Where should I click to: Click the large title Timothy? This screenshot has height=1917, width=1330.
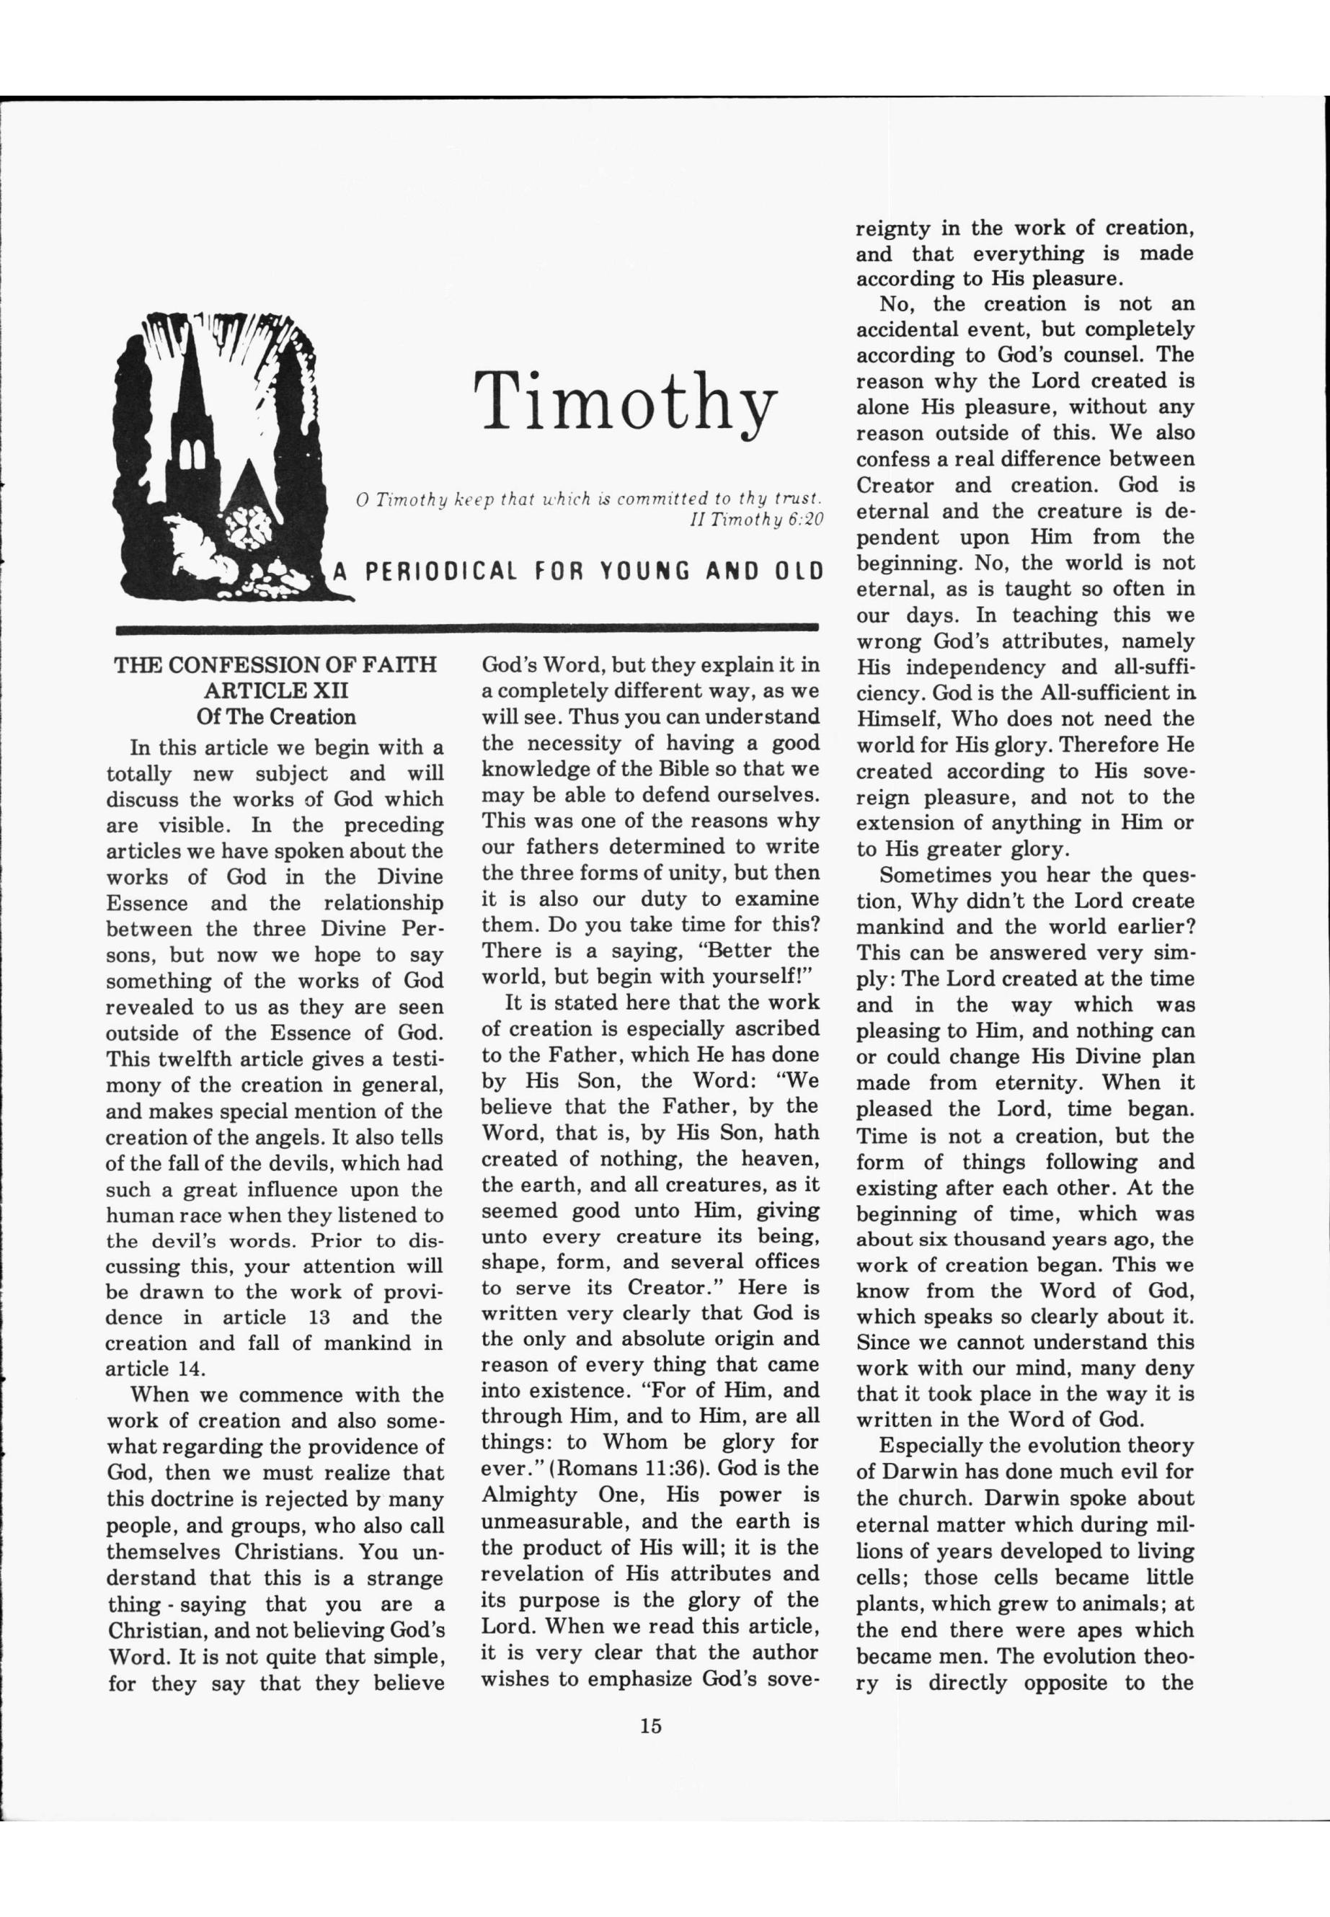pos(625,402)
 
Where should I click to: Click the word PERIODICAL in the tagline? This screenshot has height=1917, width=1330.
pos(441,572)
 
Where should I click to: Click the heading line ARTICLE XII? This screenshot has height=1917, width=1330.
pos(276,690)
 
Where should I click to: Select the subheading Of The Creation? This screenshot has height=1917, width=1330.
pos(276,717)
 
